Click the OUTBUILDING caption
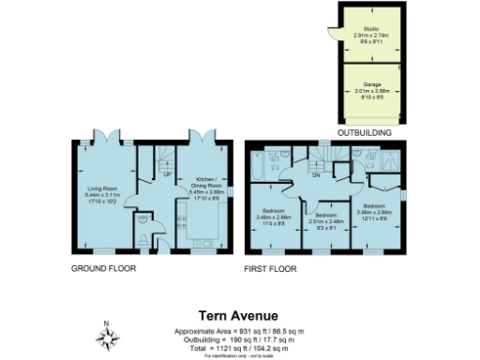pyautogui.click(x=364, y=135)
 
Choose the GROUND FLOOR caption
pyautogui.click(x=103, y=268)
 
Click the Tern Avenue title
pyautogui.click(x=239, y=317)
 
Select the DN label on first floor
pyautogui.click(x=316, y=175)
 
